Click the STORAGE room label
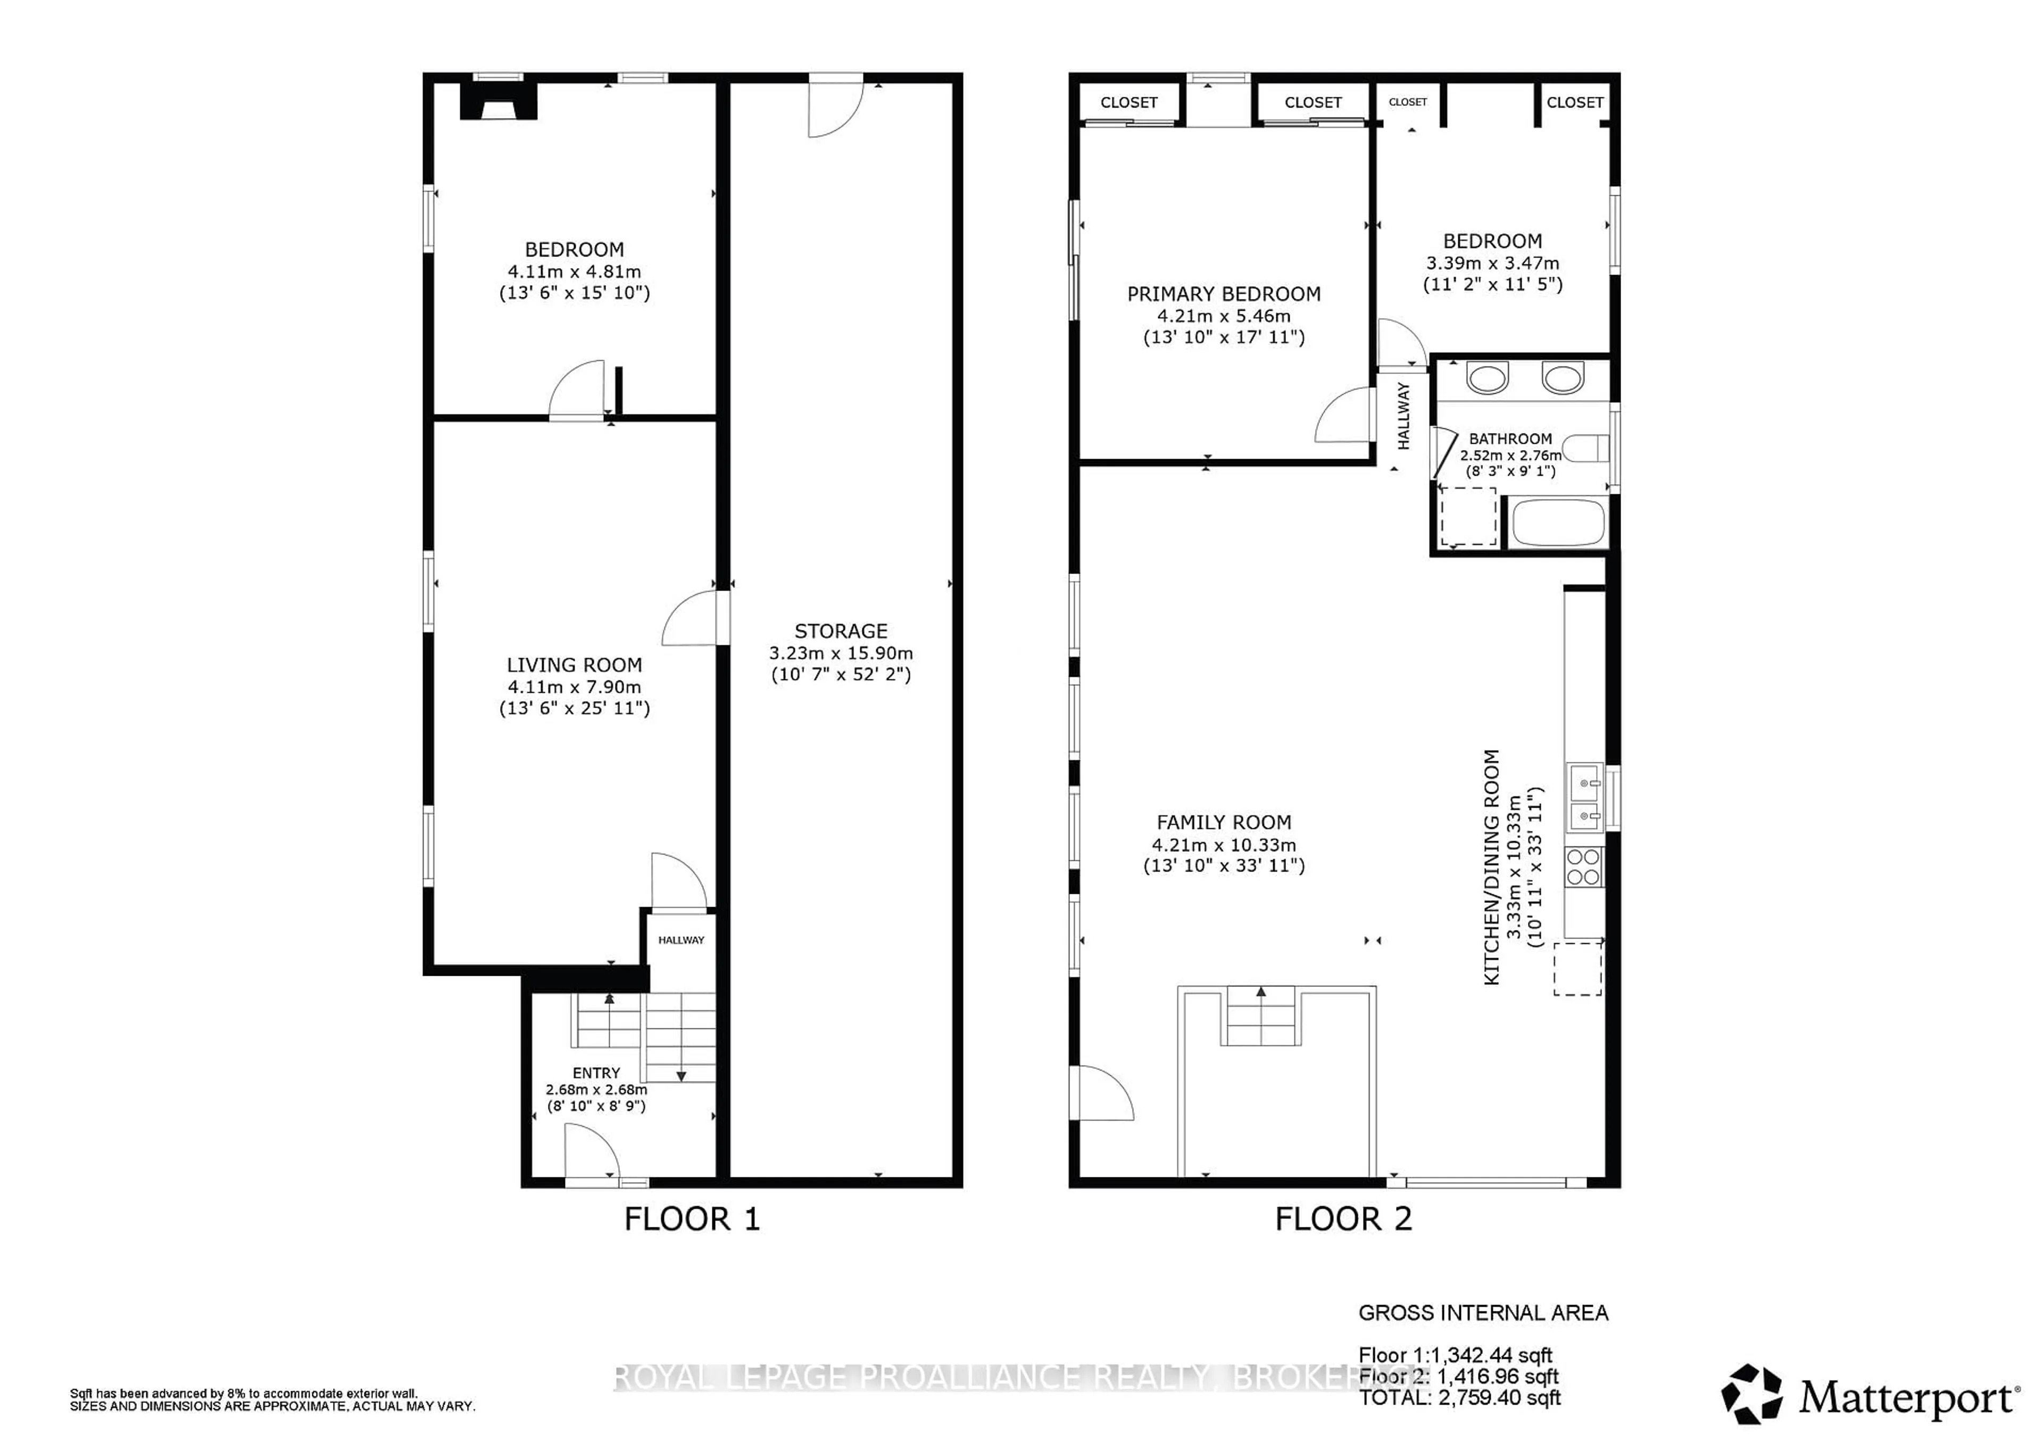[x=840, y=631]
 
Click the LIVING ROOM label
[x=574, y=665]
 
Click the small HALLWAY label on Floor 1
[x=680, y=940]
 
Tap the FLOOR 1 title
[x=692, y=1219]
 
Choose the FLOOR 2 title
[x=1343, y=1219]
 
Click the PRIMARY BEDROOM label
[x=1224, y=294]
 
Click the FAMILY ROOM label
[x=1224, y=822]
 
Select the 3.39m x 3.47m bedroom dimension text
[x=1492, y=263]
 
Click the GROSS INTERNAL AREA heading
[x=1482, y=1313]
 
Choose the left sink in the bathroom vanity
[x=1487, y=378]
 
